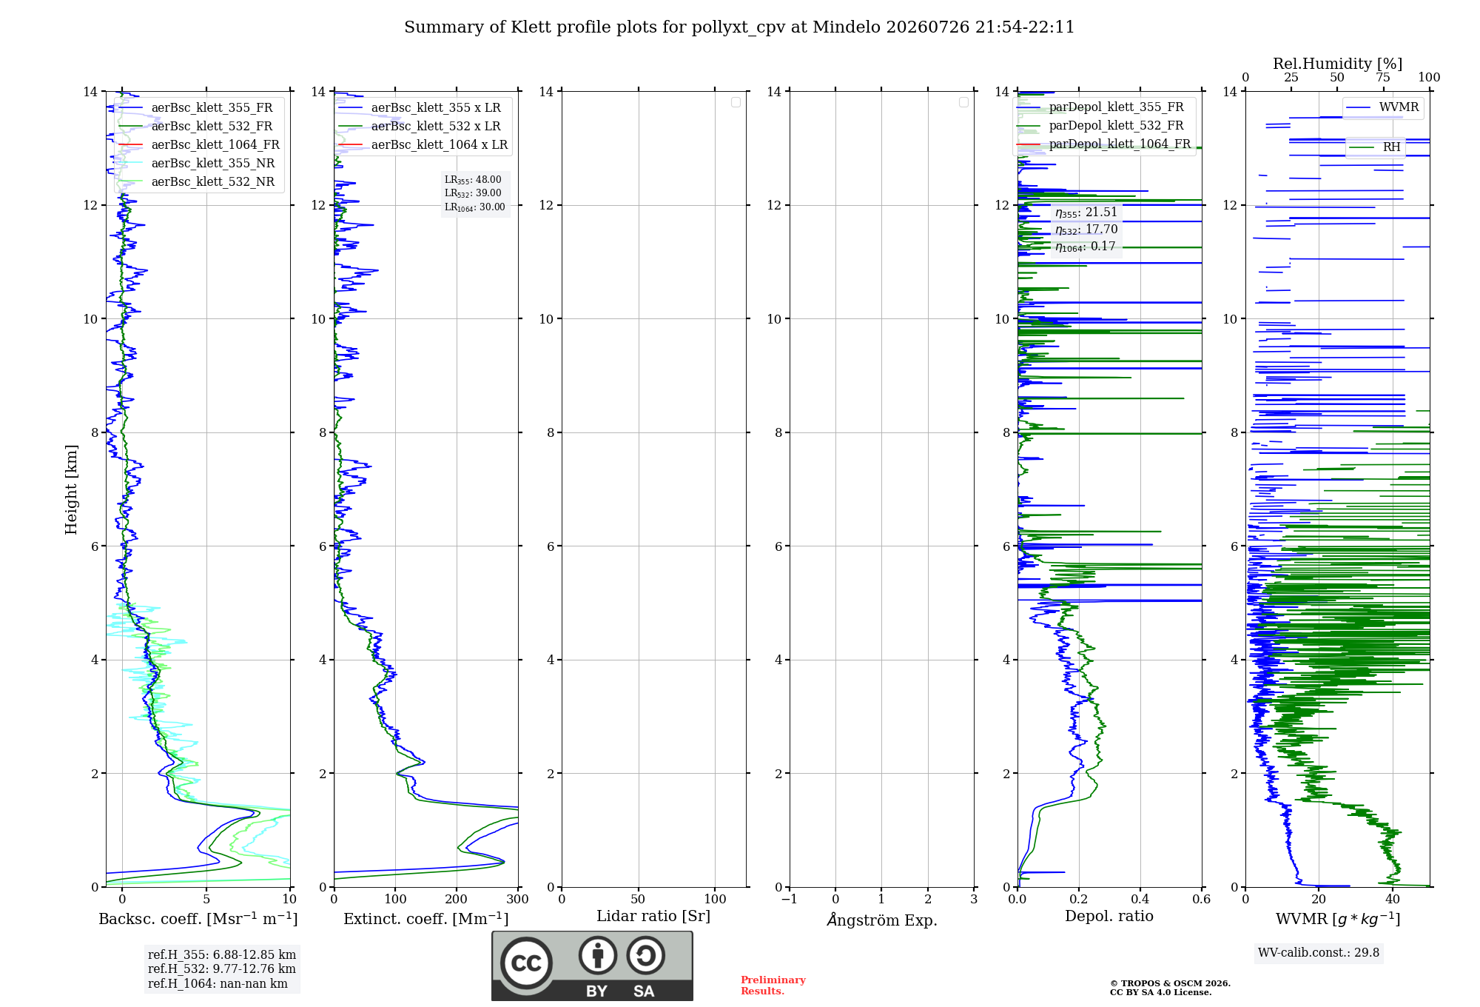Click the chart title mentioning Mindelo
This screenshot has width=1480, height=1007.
pos(739,27)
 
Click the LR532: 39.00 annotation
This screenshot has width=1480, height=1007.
pos(473,193)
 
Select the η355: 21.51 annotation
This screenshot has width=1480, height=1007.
pos(1086,213)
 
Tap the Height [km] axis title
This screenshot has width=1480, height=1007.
pos(71,489)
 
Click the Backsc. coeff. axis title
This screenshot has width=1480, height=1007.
pos(198,919)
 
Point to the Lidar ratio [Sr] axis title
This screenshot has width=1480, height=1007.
pos(653,916)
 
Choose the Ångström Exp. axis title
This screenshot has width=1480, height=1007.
pos(882,920)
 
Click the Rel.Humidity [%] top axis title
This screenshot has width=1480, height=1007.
pos(1337,64)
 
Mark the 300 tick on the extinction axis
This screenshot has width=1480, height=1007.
pos(518,899)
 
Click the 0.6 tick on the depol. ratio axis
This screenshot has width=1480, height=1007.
pos(1202,899)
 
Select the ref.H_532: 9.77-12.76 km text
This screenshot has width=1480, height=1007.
pos(221,969)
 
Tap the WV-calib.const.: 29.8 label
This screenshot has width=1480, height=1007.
pos(1319,953)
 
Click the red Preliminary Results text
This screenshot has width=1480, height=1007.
pos(773,986)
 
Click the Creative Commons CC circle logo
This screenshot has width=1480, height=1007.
pos(526,963)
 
